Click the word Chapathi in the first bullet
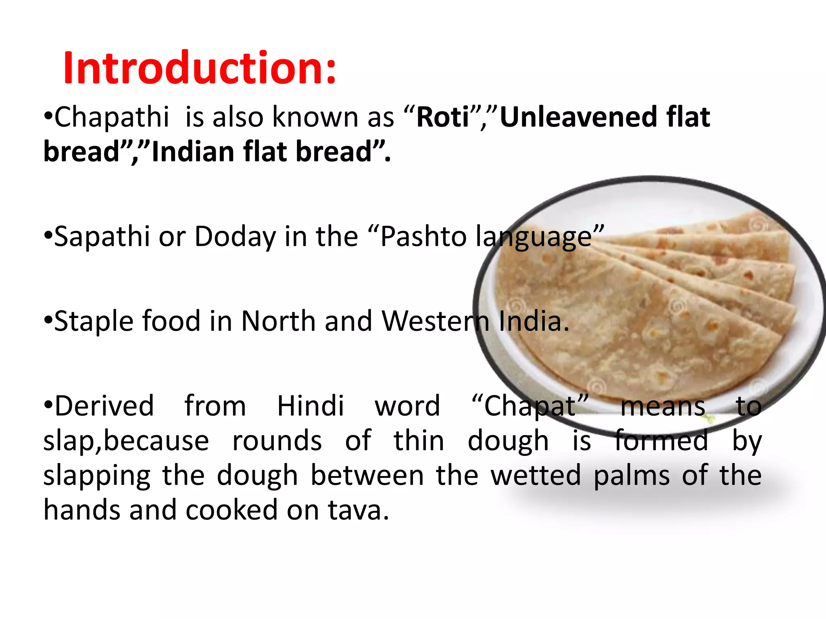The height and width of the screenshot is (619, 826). point(112,117)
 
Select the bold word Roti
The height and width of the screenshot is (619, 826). point(443,117)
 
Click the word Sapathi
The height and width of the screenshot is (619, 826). point(102,237)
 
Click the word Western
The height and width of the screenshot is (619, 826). point(436,322)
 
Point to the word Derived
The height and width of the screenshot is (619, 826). point(104,406)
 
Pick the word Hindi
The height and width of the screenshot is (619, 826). point(311,406)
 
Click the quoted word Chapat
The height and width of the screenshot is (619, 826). point(530,406)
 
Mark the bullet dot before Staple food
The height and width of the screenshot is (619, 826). point(48,322)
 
